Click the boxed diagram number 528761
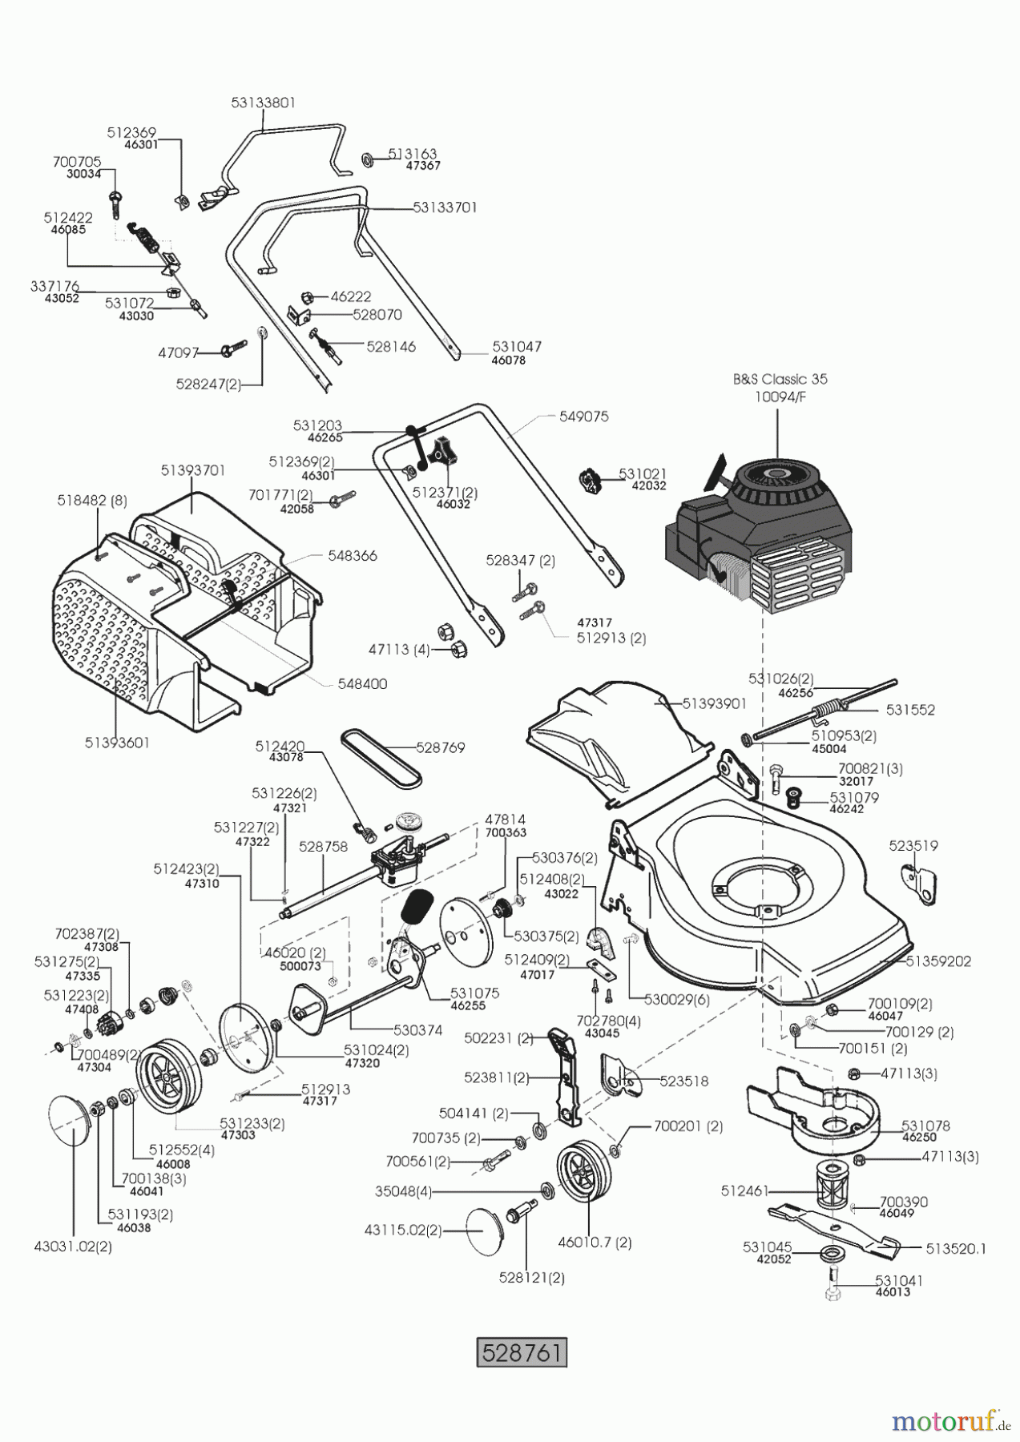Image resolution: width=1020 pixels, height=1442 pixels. tap(522, 1351)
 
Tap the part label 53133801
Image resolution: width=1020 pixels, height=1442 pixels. tap(263, 103)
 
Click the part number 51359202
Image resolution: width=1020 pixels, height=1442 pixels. tap(938, 961)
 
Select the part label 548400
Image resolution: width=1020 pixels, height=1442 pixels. tap(362, 684)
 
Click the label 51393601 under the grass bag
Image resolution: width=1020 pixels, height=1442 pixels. tap(117, 743)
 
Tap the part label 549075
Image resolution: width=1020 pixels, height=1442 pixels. tap(584, 417)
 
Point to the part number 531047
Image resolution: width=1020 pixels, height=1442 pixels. tap(517, 347)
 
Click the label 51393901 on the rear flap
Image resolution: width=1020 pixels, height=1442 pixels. tap(714, 703)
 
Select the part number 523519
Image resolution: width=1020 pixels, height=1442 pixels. tap(913, 846)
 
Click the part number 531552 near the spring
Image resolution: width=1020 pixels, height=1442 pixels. tap(910, 710)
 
